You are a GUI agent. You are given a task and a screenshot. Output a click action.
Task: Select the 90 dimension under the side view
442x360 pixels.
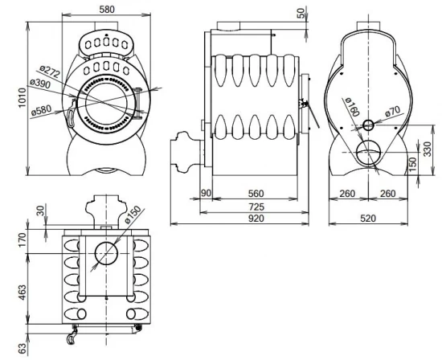(x=206, y=194)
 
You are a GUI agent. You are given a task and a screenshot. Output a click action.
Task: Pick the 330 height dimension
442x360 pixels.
(x=427, y=149)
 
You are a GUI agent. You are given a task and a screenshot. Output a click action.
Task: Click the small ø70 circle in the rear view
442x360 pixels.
(x=367, y=125)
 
